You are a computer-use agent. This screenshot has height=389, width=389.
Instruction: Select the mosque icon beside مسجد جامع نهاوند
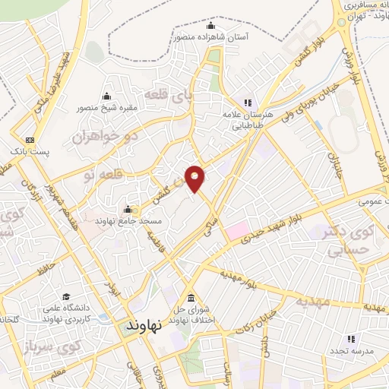[x=127, y=210]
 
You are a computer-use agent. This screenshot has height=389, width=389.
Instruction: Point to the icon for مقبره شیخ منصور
[x=106, y=96]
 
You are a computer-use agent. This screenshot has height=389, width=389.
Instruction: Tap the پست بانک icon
[x=30, y=140]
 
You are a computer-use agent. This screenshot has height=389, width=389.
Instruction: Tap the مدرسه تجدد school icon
[x=351, y=338]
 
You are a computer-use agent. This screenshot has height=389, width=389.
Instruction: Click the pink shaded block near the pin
[x=236, y=229]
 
